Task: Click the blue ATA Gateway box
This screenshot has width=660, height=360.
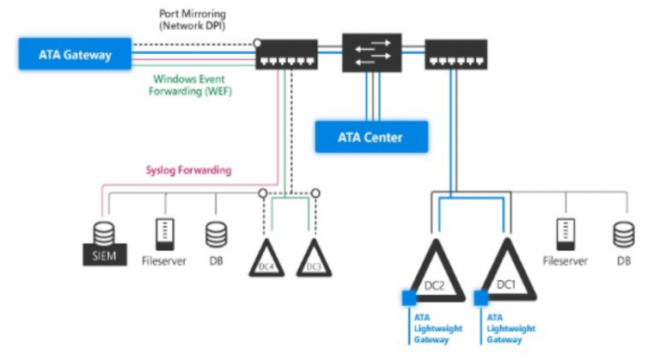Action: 75,54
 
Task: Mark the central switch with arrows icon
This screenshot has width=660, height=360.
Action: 369,52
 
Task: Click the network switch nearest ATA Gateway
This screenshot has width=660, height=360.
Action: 284,53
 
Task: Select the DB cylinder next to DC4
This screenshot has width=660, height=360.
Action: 215,235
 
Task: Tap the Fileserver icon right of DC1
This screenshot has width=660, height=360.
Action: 565,234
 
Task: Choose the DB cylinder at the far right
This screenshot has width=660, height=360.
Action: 620,235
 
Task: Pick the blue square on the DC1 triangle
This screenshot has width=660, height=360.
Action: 480,298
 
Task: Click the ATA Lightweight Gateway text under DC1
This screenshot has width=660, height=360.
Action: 510,328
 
